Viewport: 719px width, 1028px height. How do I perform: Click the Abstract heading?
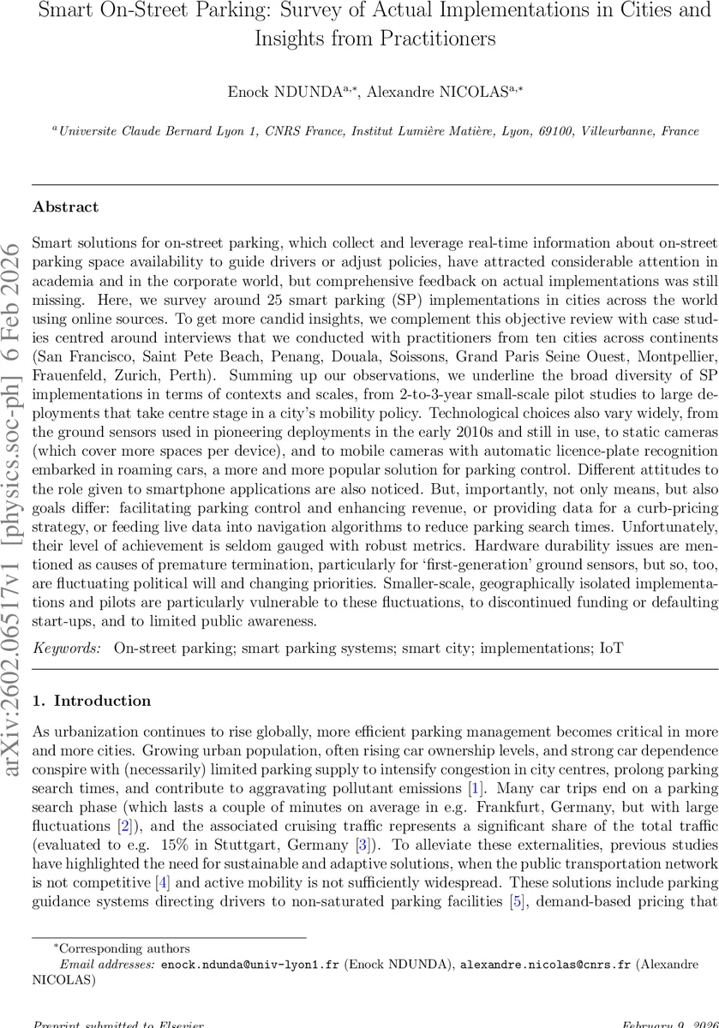point(65,207)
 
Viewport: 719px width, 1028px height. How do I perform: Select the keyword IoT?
point(610,649)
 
